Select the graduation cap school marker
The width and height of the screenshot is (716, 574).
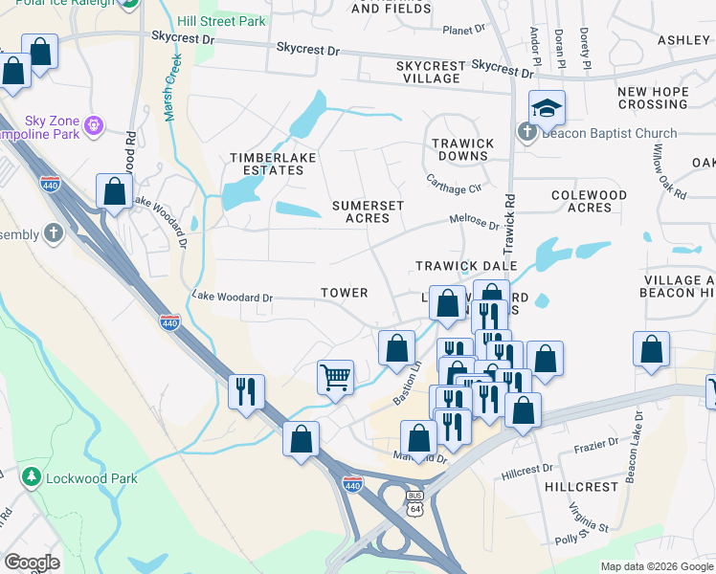tap(547, 108)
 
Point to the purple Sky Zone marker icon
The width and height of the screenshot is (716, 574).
tap(93, 124)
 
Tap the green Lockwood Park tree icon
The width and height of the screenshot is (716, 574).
tap(32, 476)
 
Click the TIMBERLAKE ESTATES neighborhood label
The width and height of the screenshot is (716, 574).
tap(266, 164)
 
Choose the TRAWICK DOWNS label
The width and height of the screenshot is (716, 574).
tap(463, 149)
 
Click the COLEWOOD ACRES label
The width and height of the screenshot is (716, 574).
tap(590, 201)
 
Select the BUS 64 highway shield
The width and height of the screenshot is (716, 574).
tap(414, 504)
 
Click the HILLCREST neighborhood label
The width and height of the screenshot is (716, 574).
tap(582, 487)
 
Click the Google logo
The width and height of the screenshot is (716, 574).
tap(32, 562)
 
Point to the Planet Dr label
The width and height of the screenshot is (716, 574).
tap(466, 31)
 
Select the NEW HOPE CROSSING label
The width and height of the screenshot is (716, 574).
tap(653, 98)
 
